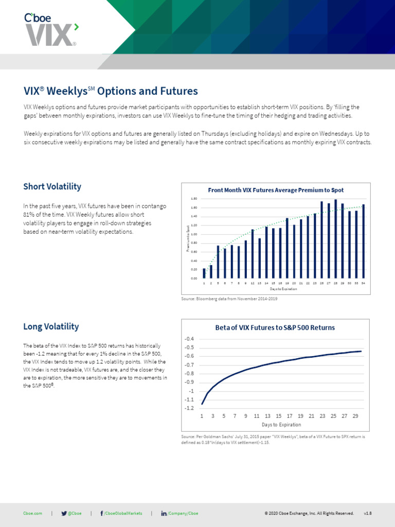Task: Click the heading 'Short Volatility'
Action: (52, 186)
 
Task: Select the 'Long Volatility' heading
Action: (51, 326)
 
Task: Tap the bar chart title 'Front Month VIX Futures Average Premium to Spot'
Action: (276, 190)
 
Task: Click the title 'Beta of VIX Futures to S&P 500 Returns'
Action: (275, 327)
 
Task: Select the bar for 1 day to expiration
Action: (204, 273)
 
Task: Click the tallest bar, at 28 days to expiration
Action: (335, 239)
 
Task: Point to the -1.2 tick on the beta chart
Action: (189, 409)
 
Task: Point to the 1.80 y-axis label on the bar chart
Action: (194, 199)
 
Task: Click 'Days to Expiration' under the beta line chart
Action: (281, 425)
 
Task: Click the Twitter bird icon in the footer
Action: (64, 513)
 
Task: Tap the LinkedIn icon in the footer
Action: (164, 513)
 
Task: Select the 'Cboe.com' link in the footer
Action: (32, 513)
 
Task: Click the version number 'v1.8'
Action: (367, 513)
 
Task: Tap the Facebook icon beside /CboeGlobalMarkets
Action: (101, 513)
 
